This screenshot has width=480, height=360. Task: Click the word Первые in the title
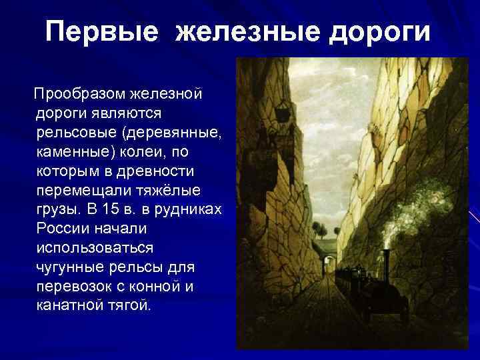pyautogui.click(x=102, y=32)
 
